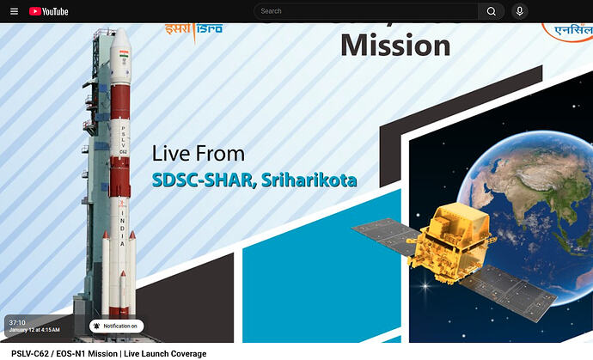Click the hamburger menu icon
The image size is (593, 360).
point(14,11)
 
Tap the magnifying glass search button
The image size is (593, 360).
point(491,11)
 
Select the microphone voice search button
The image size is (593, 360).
point(519,11)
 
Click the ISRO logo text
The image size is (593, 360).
point(193,28)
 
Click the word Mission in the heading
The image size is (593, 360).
point(394,44)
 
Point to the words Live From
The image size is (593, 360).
point(199,154)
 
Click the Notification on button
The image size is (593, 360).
point(116,326)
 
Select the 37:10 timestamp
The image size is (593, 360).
point(17,322)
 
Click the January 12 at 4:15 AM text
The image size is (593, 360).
point(34,330)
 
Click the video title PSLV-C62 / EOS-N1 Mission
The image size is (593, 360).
point(108,353)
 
